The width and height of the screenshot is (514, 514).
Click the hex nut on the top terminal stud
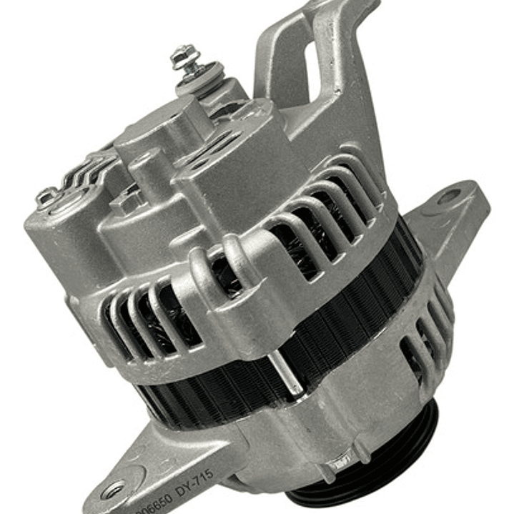pyautogui.click(x=183, y=53)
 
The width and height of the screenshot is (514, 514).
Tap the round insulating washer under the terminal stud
pyautogui.click(x=201, y=76)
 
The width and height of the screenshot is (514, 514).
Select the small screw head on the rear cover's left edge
pyautogui.click(x=48, y=196)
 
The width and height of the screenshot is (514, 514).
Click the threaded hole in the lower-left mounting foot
pyautogui.click(x=113, y=489)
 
